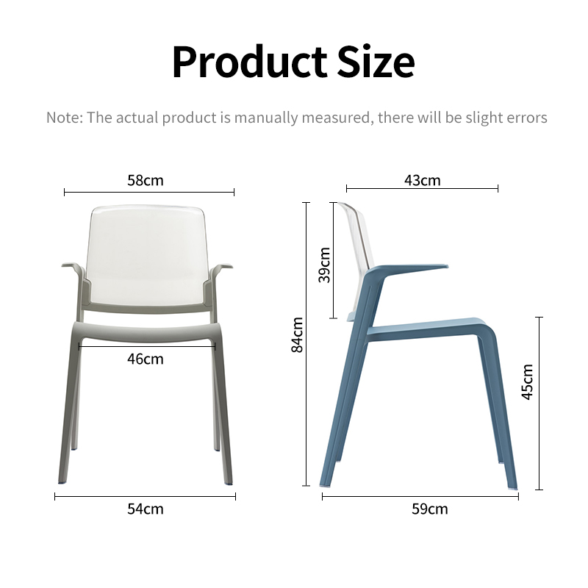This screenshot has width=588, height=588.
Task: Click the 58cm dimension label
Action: tap(146, 180)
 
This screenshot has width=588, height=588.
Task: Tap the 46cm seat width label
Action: tap(146, 359)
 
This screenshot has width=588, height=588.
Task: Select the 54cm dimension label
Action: tap(146, 509)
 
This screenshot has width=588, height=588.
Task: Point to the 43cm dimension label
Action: tap(422, 180)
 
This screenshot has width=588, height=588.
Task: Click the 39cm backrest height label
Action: tap(324, 265)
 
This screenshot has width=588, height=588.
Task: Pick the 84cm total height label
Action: tap(297, 335)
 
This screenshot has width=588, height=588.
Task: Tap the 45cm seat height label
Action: tap(527, 381)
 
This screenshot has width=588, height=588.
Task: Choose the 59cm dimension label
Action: tap(430, 509)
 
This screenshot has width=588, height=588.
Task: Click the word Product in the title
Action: tap(250, 62)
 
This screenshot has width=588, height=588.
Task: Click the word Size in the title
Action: tap(376, 62)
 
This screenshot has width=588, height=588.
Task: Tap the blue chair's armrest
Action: tap(412, 269)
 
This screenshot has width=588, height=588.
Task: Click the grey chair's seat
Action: tap(145, 332)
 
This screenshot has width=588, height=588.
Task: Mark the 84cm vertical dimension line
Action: tap(306, 344)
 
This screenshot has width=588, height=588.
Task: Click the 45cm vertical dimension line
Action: tap(539, 404)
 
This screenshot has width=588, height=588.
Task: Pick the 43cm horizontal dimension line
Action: tap(422, 189)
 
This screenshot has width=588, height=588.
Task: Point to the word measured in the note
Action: tap(336, 118)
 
